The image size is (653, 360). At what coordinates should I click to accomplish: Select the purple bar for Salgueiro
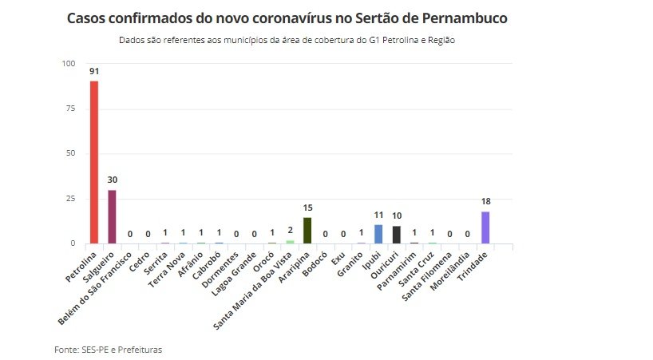pos(113,216)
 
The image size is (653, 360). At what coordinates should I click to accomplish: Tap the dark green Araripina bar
pos(307,230)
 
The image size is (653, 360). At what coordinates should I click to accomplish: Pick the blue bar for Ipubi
pos(378,234)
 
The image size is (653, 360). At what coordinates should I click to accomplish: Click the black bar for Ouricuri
pos(397,235)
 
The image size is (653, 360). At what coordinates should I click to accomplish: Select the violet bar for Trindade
pos(485,227)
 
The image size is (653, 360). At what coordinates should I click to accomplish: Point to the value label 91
pos(94,71)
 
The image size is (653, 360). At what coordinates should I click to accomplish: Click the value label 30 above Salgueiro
pos(113,180)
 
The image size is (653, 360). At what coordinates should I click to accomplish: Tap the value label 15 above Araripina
pos(307,208)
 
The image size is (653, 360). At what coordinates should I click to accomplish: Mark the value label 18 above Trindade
pos(485,202)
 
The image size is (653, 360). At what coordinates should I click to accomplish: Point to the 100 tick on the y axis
pos(69,64)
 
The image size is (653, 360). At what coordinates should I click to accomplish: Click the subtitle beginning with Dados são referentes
pos(287,39)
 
